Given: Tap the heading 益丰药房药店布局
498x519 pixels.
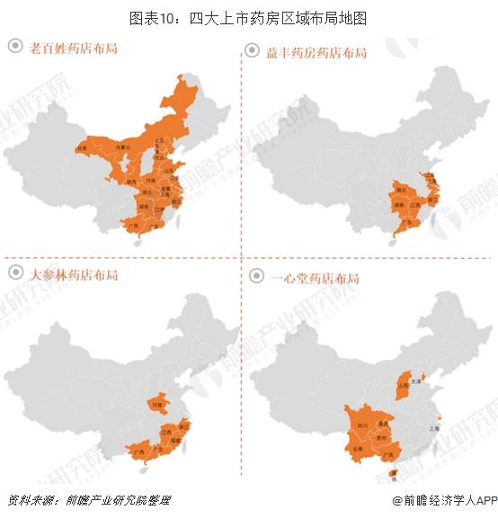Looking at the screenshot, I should (316, 53).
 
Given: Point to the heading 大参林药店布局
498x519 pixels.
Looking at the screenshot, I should (73, 273).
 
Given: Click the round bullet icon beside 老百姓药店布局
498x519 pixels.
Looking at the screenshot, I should (15, 48).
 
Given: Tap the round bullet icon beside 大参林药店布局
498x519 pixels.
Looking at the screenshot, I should (15, 273).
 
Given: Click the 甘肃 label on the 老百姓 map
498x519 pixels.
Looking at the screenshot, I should (83, 148).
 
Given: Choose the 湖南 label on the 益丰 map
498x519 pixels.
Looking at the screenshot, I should (398, 204).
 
